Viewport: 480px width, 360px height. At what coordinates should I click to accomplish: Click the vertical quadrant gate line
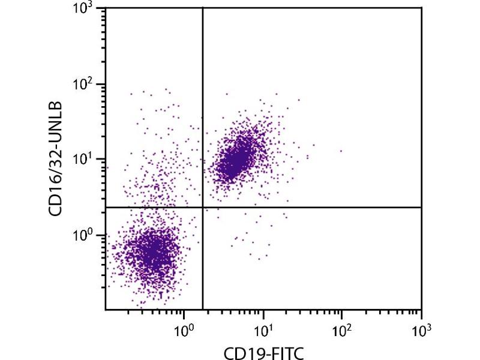pyautogui.click(x=203, y=120)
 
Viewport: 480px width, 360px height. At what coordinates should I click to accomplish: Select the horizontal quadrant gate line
pyautogui.click(x=312, y=207)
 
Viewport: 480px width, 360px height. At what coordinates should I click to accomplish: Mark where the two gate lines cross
pyautogui.click(x=203, y=207)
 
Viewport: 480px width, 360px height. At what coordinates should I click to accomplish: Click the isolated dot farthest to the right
pyautogui.click(x=341, y=151)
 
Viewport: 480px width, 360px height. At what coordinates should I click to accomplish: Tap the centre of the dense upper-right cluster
pyautogui.click(x=237, y=159)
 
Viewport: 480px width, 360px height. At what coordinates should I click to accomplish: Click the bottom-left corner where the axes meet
pyautogui.click(x=106, y=310)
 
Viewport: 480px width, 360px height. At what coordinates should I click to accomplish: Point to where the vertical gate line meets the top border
pyautogui.click(x=203, y=8)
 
